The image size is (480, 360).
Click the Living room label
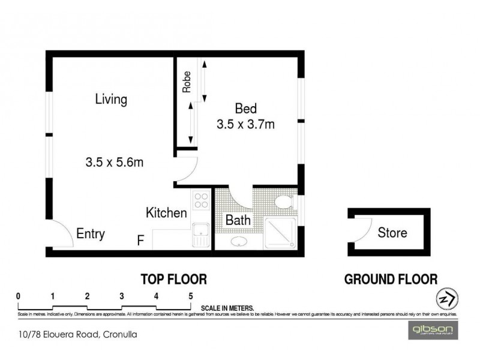pyautogui.click(x=111, y=100)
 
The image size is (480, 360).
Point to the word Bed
pyautogui.click(x=245, y=109)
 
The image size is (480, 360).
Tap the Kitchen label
pyautogui.click(x=167, y=212)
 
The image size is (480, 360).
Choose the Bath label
pyautogui.click(x=238, y=220)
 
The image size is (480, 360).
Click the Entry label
pyautogui.click(x=91, y=233)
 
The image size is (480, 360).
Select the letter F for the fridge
pyautogui.click(x=140, y=241)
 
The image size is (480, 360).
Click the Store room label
pyautogui.click(x=392, y=233)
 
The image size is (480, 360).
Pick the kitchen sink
pyautogui.click(x=200, y=235)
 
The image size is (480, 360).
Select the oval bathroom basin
pyautogui.click(x=239, y=242)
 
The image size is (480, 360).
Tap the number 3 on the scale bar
pyautogui.click(x=122, y=296)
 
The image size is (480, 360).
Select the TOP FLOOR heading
pyautogui.click(x=174, y=279)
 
